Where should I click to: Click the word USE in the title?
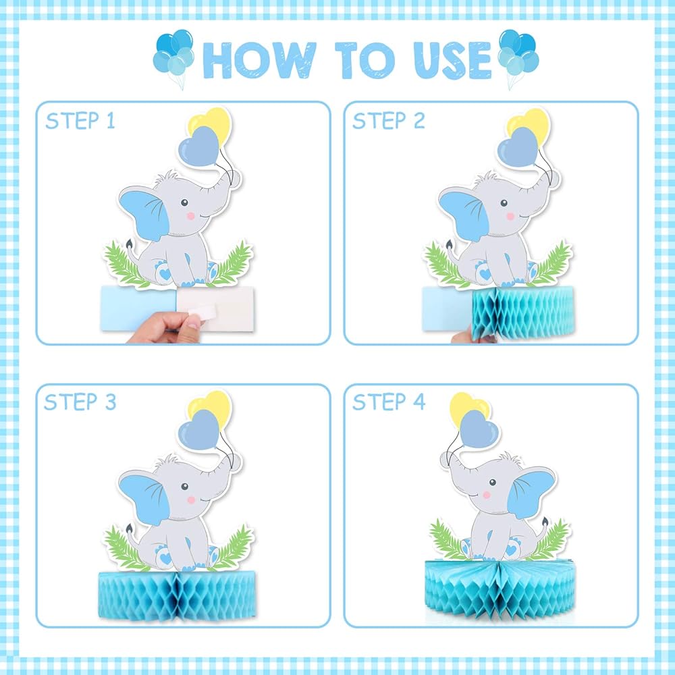point(452,60)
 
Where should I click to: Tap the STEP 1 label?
point(80,121)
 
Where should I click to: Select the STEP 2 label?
point(389,121)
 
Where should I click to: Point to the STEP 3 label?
point(80,402)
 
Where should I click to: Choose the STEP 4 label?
point(389,402)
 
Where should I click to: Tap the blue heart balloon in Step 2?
point(518,146)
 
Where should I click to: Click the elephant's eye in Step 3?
point(185,487)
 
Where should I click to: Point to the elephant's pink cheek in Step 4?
point(487,495)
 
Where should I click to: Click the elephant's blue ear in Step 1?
point(146,214)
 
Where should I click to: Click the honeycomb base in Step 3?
point(177,596)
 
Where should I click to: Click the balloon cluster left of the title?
point(173,55)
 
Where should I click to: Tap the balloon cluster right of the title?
point(518,55)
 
